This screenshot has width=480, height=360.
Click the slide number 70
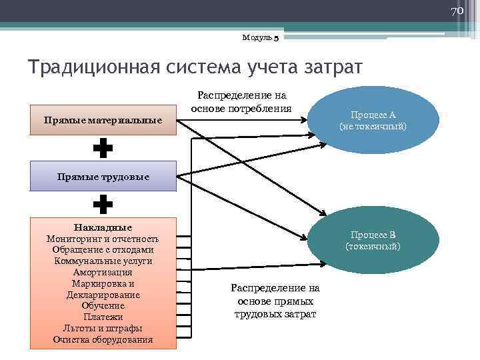click(457, 11)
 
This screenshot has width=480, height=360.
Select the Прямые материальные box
click(103, 121)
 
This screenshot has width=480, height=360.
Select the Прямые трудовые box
click(103, 177)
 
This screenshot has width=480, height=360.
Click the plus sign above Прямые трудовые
click(103, 149)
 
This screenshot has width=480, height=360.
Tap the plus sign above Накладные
click(103, 204)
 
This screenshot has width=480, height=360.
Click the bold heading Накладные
click(103, 227)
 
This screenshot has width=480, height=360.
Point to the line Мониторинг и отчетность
click(103, 239)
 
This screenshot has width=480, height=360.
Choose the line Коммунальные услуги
click(103, 261)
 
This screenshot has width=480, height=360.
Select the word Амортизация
click(103, 272)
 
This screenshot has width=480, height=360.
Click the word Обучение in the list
click(103, 305)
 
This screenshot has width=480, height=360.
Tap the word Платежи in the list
click(103, 317)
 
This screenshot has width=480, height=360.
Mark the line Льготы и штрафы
click(103, 328)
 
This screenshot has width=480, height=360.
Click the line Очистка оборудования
click(103, 339)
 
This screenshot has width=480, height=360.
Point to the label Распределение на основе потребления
click(241, 103)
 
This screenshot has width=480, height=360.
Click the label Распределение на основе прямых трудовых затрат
click(275, 301)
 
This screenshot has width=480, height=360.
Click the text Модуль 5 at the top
click(261, 38)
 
